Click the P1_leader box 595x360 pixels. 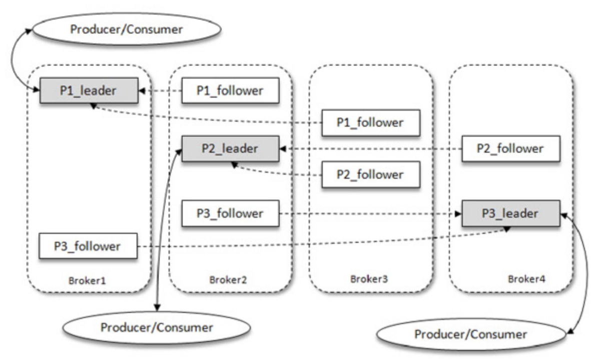coord(89,91)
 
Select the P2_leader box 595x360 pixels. coord(230,149)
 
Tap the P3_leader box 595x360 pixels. coord(510,213)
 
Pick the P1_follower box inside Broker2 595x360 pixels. coord(230,91)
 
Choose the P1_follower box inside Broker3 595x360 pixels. coord(370,123)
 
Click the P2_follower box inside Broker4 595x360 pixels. coord(510,149)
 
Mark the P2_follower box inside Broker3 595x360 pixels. coord(370,175)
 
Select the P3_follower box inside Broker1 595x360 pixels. coord(88,246)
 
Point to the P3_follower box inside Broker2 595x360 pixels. coord(230,213)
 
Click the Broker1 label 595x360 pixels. coord(87,279)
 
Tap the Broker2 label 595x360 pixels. coord(228,279)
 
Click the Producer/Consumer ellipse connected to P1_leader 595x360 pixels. coord(127,29)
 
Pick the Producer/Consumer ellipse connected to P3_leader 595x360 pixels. coord(470,334)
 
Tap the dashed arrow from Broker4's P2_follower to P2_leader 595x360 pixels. coord(370,149)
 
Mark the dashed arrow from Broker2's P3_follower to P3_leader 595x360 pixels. coord(370,214)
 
